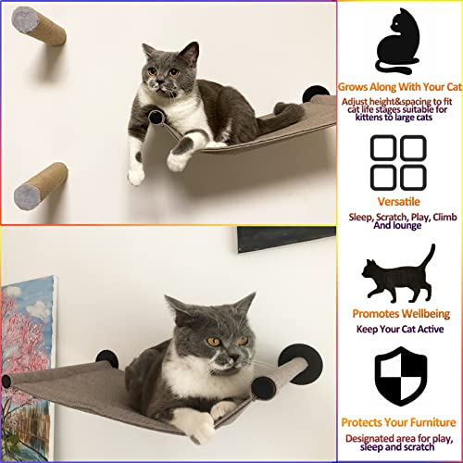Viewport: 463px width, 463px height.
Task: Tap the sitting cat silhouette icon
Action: pyautogui.click(x=400, y=39)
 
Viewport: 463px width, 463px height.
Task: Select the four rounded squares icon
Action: pyautogui.click(x=398, y=163)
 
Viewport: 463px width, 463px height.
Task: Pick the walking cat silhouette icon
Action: pyautogui.click(x=398, y=275)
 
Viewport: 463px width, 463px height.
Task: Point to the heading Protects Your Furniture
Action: pyautogui.click(x=400, y=421)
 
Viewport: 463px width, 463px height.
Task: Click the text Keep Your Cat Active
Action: pyautogui.click(x=400, y=329)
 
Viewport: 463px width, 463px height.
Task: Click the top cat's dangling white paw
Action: pyautogui.click(x=137, y=171)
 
